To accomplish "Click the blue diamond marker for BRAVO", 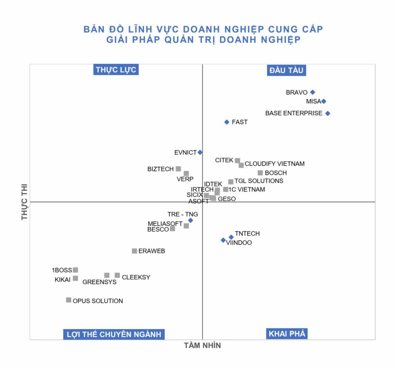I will tap(312, 92).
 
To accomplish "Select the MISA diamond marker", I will tap(324, 101).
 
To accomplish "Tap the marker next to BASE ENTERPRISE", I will tap(327, 113).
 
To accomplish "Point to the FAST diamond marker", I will tap(227, 122).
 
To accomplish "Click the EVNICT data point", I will tap(200, 152).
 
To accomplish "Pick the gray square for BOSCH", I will tap(260, 173).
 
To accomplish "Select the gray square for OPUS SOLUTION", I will tap(68, 300).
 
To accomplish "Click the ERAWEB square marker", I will tap(134, 251).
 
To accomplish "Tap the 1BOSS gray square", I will tap(75, 270).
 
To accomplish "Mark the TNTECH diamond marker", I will tap(231, 237).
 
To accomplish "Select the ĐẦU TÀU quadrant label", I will tap(287, 70).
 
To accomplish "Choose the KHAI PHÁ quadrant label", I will tap(287, 334).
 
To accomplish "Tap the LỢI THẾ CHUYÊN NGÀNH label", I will tap(114, 334).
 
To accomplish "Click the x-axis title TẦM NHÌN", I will tap(202, 346).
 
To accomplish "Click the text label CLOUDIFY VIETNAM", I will tap(274, 164).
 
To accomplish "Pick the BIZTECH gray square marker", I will tap(178, 169).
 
